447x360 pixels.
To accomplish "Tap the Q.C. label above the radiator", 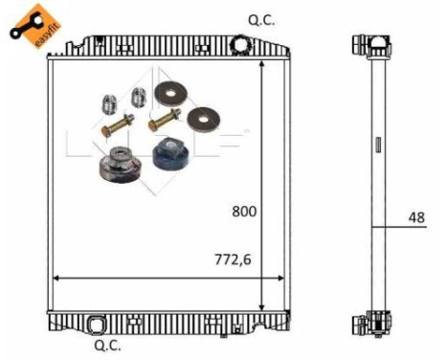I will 261,19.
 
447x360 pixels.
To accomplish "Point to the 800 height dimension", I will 243,212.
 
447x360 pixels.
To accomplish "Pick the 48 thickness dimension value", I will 415,217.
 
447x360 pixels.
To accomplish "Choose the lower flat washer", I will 203,120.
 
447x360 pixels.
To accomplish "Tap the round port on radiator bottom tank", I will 98,320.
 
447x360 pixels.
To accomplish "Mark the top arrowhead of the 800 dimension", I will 263,64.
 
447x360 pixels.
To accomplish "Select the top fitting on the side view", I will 370,43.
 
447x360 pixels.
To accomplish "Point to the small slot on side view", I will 377,146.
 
